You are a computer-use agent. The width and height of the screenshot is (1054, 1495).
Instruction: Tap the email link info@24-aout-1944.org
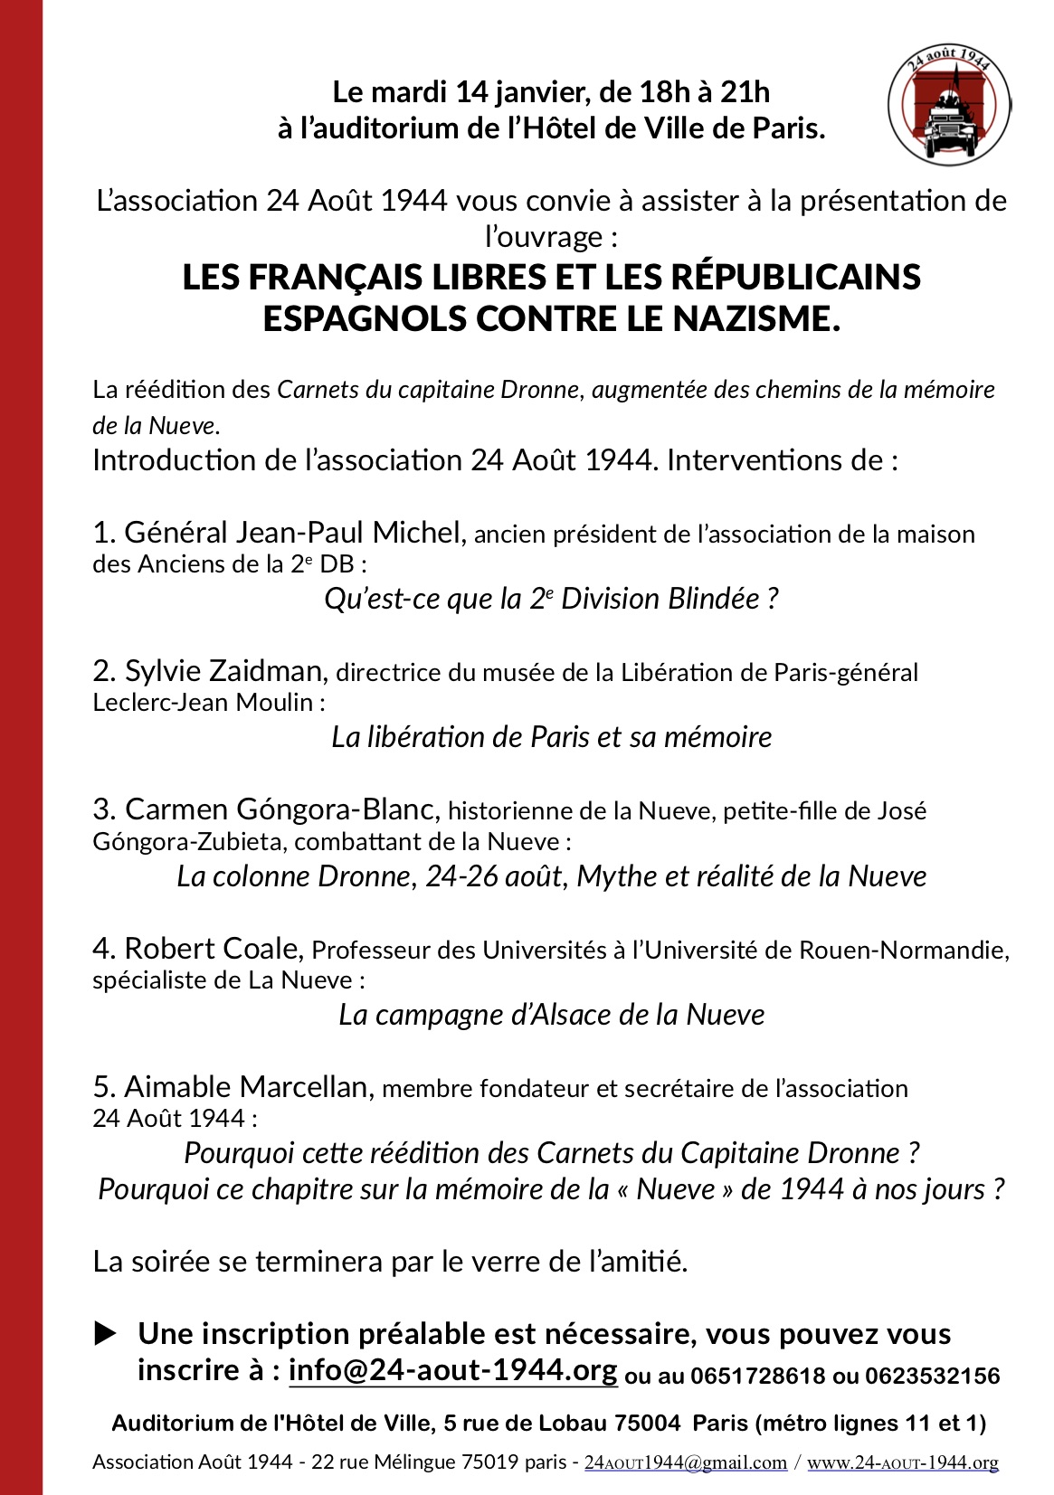452,1370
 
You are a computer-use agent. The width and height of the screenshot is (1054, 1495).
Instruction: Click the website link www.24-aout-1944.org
902,1462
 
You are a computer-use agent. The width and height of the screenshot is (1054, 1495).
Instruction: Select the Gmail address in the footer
686,1462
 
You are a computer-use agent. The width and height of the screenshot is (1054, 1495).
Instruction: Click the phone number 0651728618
757,1377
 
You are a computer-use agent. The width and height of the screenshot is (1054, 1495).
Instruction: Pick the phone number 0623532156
932,1377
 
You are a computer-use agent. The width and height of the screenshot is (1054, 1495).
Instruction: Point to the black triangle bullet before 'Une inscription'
106,1333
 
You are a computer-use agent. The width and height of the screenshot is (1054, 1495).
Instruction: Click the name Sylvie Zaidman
223,670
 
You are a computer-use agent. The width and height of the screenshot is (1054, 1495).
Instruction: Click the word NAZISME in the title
756,319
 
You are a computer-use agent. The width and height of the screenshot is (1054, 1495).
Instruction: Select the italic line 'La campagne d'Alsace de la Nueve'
551,1015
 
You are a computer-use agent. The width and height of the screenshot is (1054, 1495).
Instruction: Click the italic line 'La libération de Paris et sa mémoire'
551,737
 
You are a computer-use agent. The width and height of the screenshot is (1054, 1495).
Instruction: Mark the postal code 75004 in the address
647,1424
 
